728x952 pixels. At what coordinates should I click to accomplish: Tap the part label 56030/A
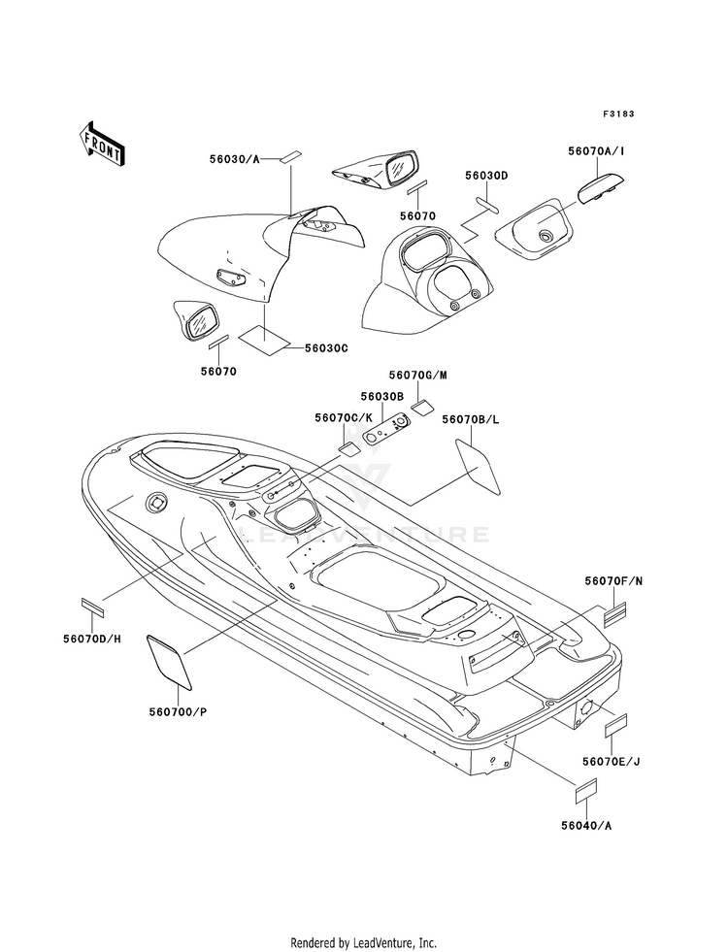pyautogui.click(x=234, y=159)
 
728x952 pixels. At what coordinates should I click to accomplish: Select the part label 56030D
pyautogui.click(x=486, y=176)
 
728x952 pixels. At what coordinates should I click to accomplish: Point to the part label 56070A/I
pyautogui.click(x=596, y=150)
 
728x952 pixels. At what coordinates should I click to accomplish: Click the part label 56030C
pyautogui.click(x=326, y=347)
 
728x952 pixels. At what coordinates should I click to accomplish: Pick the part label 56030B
pyautogui.click(x=381, y=397)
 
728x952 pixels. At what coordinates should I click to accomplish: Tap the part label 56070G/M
pyautogui.click(x=418, y=375)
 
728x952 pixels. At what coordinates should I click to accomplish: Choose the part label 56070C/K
pyautogui.click(x=343, y=417)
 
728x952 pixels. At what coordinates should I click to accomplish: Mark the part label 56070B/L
pyautogui.click(x=471, y=419)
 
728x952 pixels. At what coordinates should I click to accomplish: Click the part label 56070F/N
pyautogui.click(x=613, y=581)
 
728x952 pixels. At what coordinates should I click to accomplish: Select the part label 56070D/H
pyautogui.click(x=91, y=639)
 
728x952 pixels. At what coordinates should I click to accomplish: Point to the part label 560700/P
pyautogui.click(x=178, y=712)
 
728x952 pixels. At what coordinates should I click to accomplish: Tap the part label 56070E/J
pyautogui.click(x=611, y=762)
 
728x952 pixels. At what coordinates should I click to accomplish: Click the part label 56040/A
pyautogui.click(x=586, y=826)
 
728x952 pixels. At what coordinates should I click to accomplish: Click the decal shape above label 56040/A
pyautogui.click(x=586, y=789)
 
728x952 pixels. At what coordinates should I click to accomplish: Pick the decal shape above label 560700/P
pyautogui.click(x=170, y=663)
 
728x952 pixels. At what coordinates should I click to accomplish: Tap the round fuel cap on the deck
pyautogui.click(x=157, y=503)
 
